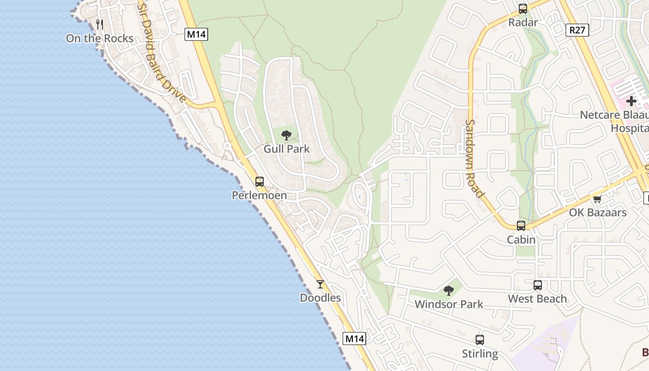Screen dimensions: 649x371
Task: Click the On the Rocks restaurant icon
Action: point(99,24)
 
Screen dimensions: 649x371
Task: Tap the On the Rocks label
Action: point(100,38)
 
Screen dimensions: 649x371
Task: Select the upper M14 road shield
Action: point(196,34)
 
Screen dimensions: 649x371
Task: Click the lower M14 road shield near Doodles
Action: point(355,339)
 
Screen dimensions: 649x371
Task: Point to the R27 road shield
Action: point(578,31)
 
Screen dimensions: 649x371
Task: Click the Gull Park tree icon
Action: point(286,135)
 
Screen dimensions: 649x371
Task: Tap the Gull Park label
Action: point(286,149)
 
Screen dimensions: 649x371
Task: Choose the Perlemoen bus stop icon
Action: point(260,182)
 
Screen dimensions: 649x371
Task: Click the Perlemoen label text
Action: point(259,196)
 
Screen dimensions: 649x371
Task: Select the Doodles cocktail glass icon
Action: point(320,284)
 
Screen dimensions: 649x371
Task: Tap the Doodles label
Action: point(320,298)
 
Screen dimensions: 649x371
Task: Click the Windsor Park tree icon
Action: point(448,291)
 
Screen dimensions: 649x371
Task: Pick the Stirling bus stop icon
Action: point(480,340)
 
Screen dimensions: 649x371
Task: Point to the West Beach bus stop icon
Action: point(538,285)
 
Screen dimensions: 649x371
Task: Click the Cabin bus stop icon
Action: point(521,226)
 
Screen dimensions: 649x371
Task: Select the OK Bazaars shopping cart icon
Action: point(598,199)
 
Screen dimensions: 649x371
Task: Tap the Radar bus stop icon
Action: point(523,8)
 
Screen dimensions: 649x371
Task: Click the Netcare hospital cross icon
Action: point(631,101)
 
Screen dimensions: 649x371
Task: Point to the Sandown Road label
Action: point(475,158)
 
